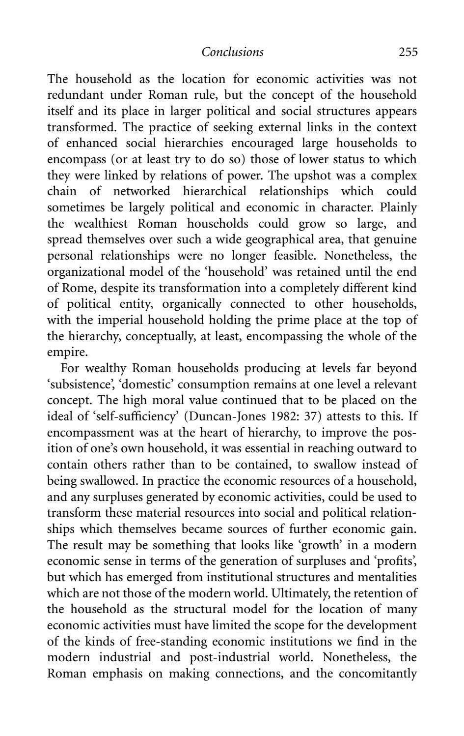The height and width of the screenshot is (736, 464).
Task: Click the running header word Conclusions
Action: pos(232,52)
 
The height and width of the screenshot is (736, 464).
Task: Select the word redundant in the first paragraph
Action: pos(75,95)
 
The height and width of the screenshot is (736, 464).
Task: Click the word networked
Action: pos(141,191)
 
